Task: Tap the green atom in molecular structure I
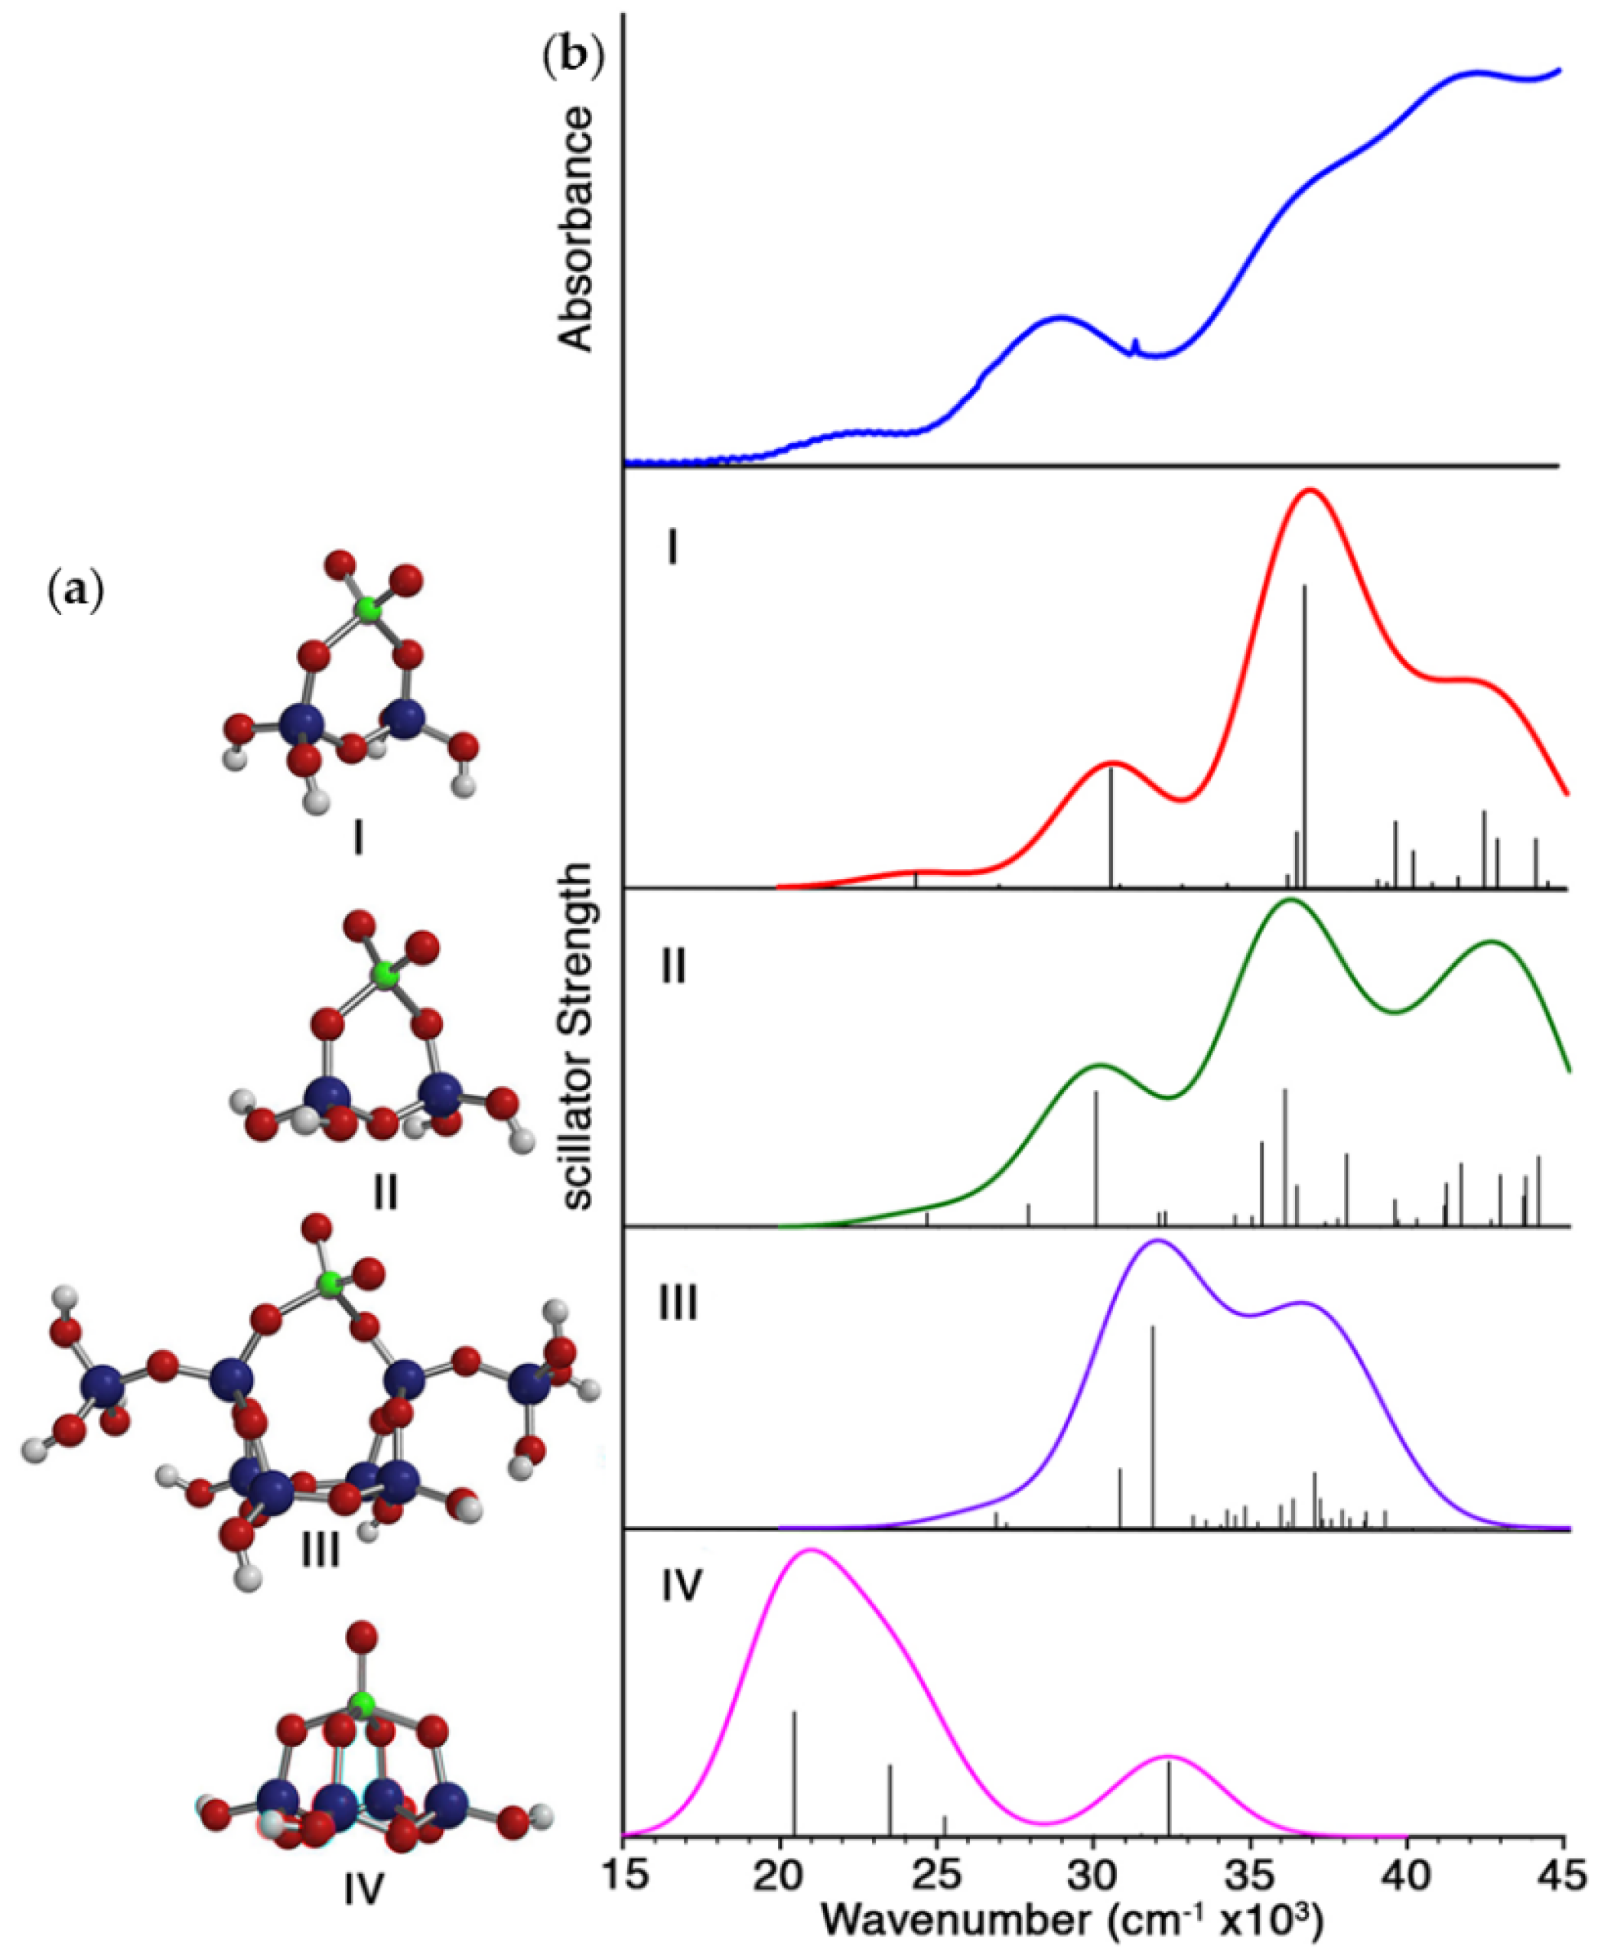pos(369,610)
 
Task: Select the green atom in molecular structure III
pos(329,1282)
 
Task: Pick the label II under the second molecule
pos(385,1193)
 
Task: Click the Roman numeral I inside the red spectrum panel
pos(672,550)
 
